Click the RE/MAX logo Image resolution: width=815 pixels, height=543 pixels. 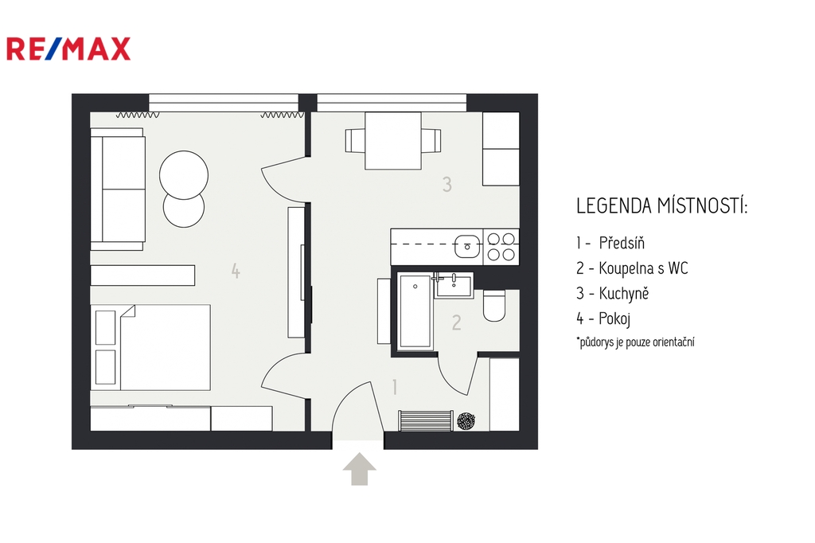pos(68,49)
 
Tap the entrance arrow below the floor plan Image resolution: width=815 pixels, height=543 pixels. pos(359,469)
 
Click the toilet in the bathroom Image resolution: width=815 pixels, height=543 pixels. pos(493,306)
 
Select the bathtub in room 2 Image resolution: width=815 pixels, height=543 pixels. pos(415,311)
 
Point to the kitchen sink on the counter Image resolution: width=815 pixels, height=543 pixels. pos(467,246)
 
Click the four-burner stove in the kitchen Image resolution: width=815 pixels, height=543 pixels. pos(501,246)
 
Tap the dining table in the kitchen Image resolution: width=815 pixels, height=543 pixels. pos(393,141)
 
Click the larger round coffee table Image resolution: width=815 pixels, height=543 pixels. pos(184,174)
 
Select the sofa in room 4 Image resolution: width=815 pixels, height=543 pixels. pos(118,189)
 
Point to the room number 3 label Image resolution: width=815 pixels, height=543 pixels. pos(447,184)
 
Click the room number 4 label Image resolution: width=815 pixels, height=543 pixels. pos(236,271)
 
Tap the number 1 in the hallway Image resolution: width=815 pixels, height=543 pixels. pos(395,387)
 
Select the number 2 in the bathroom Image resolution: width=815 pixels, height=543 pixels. pos(456,323)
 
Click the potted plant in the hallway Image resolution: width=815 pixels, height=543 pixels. pos(466,420)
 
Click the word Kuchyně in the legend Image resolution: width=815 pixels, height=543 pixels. pos(624,293)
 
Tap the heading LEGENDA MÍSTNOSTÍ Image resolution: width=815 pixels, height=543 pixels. pos(661,206)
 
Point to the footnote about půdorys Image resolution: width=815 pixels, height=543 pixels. pos(635,342)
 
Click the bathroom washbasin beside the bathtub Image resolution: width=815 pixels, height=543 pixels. pos(454,286)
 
